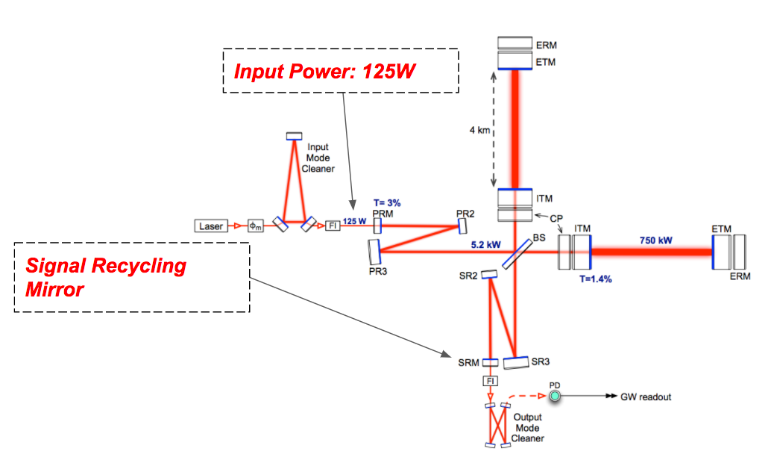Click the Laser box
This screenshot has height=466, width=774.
point(211,226)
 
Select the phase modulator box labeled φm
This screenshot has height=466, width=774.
point(255,226)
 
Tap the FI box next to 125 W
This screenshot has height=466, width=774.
point(333,226)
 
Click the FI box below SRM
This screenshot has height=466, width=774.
point(490,381)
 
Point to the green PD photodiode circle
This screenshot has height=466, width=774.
point(555,396)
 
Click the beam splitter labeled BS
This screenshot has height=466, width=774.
point(517,254)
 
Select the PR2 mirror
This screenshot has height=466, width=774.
point(462,226)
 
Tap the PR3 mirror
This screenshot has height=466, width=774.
point(374,252)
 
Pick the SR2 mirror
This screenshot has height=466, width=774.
point(489,274)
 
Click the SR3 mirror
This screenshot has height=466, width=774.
point(516,363)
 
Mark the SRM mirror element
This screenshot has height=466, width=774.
point(490,362)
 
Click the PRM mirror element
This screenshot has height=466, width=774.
point(377,226)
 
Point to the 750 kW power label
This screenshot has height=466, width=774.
point(655,240)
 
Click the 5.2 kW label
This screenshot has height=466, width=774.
point(485,245)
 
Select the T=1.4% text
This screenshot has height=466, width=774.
point(595,279)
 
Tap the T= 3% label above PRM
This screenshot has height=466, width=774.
point(387,202)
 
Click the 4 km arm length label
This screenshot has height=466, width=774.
point(479,130)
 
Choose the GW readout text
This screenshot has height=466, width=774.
point(646,397)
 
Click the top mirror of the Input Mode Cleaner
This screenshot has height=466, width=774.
point(295,136)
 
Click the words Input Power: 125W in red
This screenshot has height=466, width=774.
point(324,71)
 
